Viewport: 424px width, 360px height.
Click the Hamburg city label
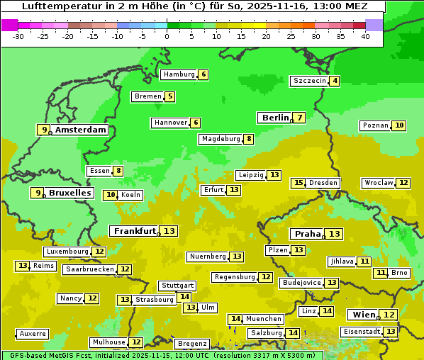tap(178, 74)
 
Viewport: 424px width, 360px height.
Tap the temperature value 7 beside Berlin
tap(300, 118)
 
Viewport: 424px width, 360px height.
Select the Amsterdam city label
tap(80, 130)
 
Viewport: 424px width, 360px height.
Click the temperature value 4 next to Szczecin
tap(335, 81)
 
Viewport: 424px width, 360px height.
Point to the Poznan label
tap(375, 125)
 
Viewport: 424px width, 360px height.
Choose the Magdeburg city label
tap(221, 139)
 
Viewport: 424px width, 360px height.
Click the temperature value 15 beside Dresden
tap(298, 183)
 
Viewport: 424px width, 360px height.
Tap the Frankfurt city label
tap(135, 231)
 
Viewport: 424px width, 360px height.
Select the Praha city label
tap(308, 234)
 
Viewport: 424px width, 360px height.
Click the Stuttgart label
tap(177, 286)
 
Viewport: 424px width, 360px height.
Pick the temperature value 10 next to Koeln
tap(111, 195)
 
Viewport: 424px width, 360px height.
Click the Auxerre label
tap(33, 333)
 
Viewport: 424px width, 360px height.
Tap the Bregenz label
tap(191, 344)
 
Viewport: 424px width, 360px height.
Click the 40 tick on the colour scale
tap(365, 36)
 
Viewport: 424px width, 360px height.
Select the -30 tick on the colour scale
tap(18, 36)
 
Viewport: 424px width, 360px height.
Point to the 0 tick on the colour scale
tap(167, 36)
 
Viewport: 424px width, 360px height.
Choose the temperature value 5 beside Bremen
tap(169, 96)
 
